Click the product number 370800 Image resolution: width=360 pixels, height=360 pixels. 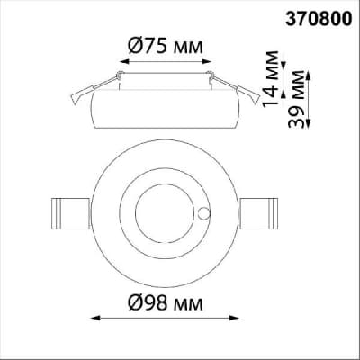pos(319,19)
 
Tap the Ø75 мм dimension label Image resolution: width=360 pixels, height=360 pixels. pos(166,47)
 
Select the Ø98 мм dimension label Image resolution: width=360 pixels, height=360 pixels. pos(166,303)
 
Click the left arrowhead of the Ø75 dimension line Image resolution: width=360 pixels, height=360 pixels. pos(124,61)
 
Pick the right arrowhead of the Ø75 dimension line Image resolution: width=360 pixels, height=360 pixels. pos(207,61)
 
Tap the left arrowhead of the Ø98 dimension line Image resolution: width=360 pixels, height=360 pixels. pos(95,318)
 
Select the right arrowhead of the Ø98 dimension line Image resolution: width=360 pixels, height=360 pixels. pos(234,318)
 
